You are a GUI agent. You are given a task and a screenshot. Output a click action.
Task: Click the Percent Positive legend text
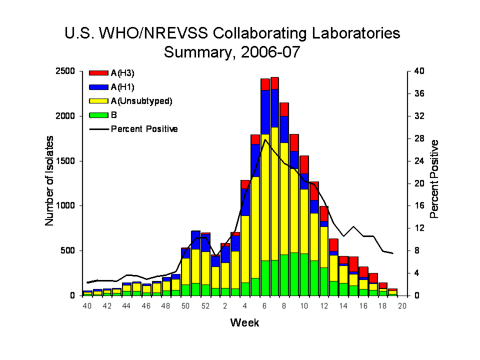(144, 129)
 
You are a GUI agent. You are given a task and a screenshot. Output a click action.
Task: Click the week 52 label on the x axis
(205, 306)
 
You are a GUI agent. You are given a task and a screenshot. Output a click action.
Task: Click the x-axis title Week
(245, 323)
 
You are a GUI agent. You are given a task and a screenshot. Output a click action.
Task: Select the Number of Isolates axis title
(50, 183)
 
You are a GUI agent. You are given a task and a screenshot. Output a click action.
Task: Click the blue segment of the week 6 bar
(265, 112)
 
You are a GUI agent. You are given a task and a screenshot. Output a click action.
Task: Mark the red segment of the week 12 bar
(323, 213)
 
